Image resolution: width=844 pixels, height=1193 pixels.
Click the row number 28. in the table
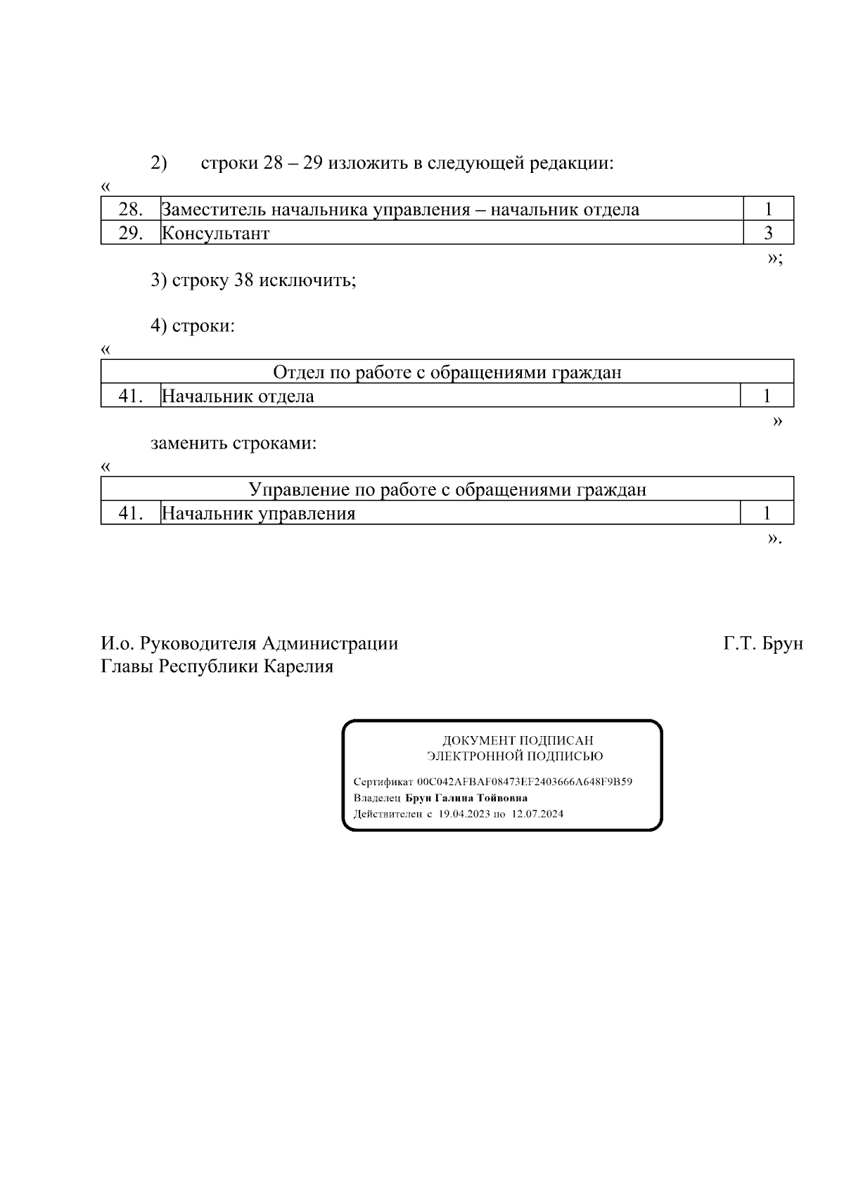[x=131, y=209]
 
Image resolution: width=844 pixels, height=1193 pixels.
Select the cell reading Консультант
[x=215, y=233]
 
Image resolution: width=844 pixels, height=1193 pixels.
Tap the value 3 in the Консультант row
[x=768, y=233]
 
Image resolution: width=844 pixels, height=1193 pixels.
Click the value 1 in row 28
[x=768, y=209]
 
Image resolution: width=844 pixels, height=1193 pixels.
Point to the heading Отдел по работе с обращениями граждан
[x=447, y=373]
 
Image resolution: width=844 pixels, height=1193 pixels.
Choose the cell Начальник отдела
[x=238, y=396]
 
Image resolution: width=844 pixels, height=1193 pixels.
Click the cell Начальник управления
[x=258, y=514]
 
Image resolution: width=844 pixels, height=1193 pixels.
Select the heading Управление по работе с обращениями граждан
[x=447, y=490]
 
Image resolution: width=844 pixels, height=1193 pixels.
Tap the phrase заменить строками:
[x=234, y=444]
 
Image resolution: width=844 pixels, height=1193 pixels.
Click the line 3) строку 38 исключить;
[x=253, y=280]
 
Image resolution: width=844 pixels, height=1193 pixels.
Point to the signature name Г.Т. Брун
[x=763, y=643]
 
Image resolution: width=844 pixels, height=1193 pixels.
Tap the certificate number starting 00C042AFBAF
[x=525, y=782]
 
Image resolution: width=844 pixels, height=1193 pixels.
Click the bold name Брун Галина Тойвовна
[x=466, y=798]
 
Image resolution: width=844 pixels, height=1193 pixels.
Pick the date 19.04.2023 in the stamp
[x=463, y=814]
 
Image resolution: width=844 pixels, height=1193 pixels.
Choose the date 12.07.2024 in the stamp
[x=537, y=814]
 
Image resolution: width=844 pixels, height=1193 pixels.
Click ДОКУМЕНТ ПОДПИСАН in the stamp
[x=517, y=740]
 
